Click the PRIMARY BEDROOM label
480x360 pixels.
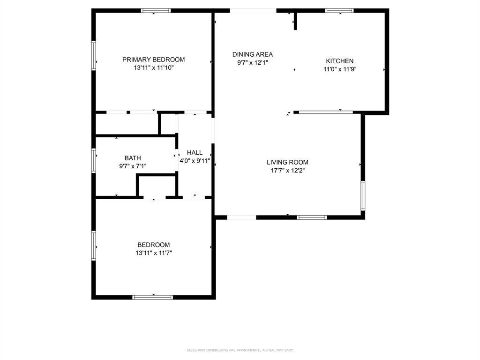point(153,60)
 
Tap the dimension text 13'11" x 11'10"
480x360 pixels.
point(153,68)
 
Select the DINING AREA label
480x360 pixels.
point(253,54)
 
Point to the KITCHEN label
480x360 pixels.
point(339,61)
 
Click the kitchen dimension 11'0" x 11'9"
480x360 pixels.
point(339,69)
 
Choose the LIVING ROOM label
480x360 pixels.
point(287,163)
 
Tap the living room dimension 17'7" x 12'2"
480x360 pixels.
point(287,171)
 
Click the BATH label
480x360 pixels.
point(133,158)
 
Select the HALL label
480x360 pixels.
point(195,152)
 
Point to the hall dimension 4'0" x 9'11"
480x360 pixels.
point(195,161)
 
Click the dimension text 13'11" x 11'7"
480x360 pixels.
point(153,253)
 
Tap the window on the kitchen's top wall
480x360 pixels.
point(339,10)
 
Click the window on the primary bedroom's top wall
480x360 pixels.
point(156,10)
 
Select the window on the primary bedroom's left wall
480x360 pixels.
point(94,55)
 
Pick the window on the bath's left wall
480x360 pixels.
point(94,160)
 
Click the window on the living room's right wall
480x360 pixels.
point(363,195)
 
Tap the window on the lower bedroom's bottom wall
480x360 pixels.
point(153,297)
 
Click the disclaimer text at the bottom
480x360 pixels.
point(240,350)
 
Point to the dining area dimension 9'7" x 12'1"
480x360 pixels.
point(253,62)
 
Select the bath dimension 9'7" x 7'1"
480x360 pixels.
point(133,166)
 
